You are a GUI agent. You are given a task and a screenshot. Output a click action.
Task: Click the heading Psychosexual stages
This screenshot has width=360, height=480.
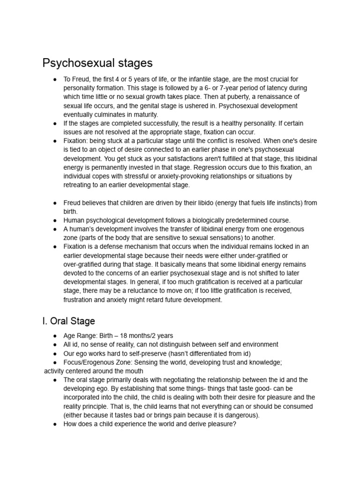click(97, 63)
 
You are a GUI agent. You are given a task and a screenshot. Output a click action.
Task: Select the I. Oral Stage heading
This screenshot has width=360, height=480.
click(68, 321)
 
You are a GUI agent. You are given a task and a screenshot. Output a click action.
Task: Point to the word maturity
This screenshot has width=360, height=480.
click(143, 114)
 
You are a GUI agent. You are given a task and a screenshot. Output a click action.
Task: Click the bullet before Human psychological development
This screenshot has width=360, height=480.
click(55, 220)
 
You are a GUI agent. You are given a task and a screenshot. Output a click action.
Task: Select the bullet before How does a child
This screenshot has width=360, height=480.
click(55, 424)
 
